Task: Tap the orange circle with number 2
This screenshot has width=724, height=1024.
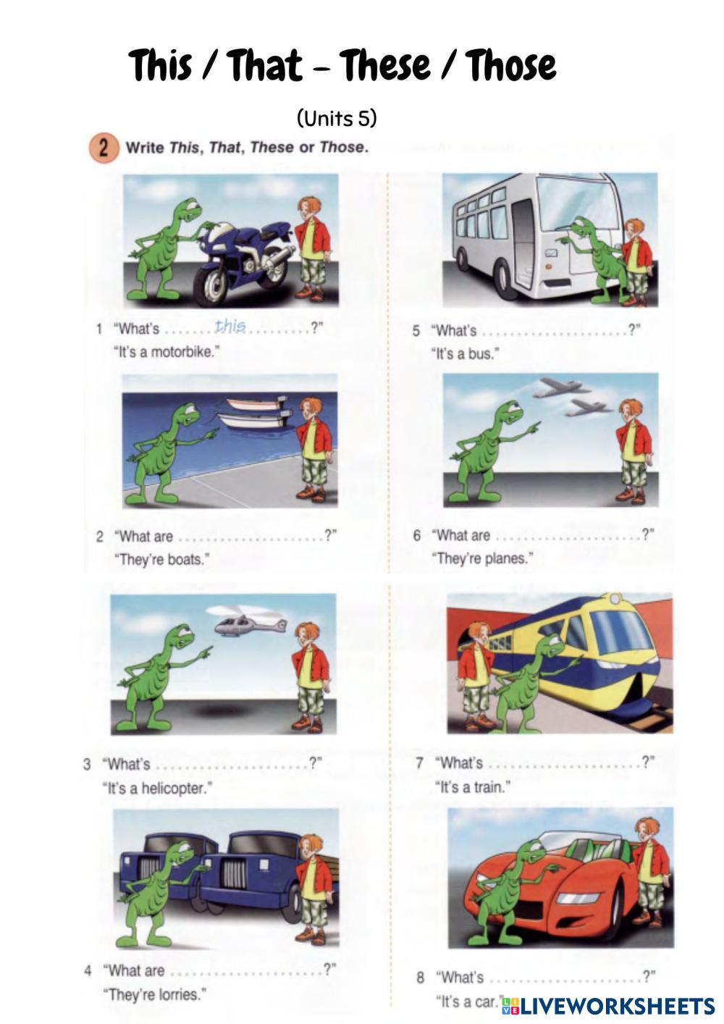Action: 104,148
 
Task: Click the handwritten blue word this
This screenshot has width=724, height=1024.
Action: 230,327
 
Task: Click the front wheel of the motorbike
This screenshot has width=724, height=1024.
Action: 214,285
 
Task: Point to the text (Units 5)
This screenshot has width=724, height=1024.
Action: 337,119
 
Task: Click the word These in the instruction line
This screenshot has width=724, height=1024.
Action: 271,147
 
